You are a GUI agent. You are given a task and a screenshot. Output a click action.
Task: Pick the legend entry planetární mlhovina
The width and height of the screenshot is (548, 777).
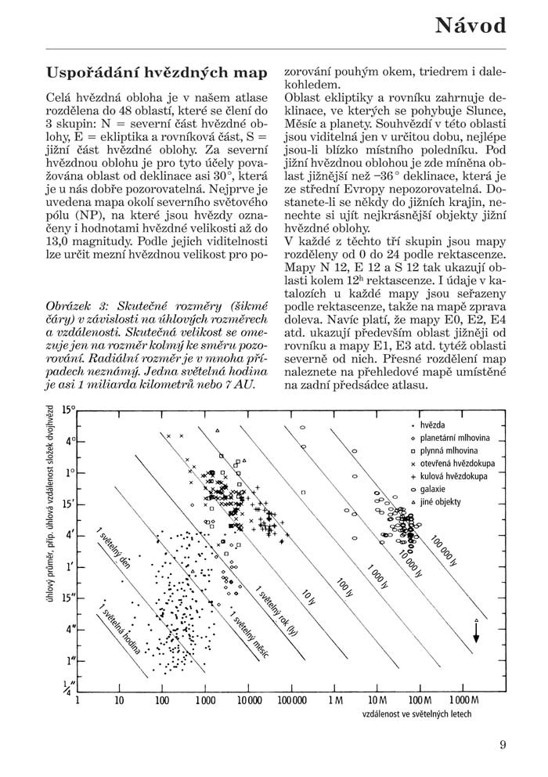pyautogui.click(x=454, y=438)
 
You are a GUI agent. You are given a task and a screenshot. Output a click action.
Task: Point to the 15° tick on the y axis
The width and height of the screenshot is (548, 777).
pyautogui.click(x=70, y=410)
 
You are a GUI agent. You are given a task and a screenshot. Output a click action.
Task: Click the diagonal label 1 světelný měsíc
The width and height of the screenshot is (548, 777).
pyautogui.click(x=247, y=631)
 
